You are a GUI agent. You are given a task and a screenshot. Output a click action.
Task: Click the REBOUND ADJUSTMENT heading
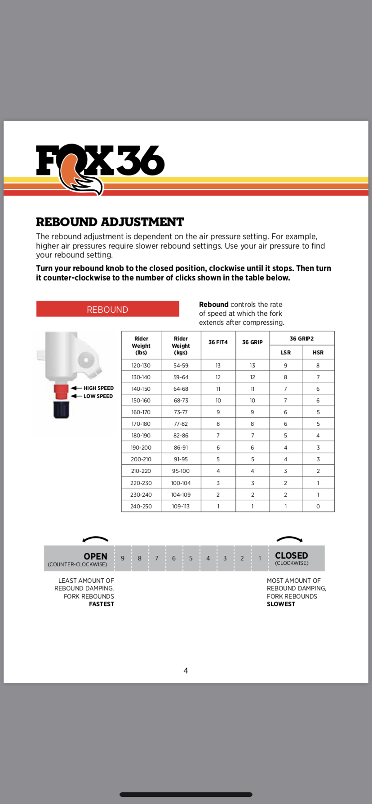click(110, 222)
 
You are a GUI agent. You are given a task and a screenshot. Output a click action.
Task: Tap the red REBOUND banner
click(107, 309)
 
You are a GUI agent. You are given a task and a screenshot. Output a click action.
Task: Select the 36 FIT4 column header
click(218, 342)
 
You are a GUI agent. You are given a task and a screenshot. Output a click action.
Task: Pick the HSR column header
click(318, 353)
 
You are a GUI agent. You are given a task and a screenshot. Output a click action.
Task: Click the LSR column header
click(286, 353)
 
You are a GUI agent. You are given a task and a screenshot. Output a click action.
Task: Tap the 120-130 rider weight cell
click(141, 366)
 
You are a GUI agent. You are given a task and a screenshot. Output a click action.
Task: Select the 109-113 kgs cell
click(181, 507)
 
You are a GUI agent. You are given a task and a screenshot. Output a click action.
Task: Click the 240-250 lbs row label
click(141, 507)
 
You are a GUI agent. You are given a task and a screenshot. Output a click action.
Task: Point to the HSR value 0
click(318, 507)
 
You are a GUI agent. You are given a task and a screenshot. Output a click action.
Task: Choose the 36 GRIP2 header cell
click(301, 339)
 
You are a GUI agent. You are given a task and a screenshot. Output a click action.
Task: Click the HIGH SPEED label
click(98, 388)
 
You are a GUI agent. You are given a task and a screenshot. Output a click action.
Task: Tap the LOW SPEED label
click(98, 396)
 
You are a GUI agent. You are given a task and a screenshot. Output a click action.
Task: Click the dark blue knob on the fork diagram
click(61, 409)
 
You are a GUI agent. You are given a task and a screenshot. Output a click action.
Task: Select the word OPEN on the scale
click(95, 556)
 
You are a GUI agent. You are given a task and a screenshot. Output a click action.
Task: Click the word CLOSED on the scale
click(292, 555)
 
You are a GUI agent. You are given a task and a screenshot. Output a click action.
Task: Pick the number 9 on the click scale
click(123, 559)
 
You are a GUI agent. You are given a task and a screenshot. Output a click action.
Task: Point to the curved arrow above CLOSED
click(289, 539)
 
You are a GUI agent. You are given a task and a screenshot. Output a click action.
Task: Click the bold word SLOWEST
click(281, 604)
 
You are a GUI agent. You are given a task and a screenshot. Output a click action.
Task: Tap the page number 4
click(186, 671)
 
